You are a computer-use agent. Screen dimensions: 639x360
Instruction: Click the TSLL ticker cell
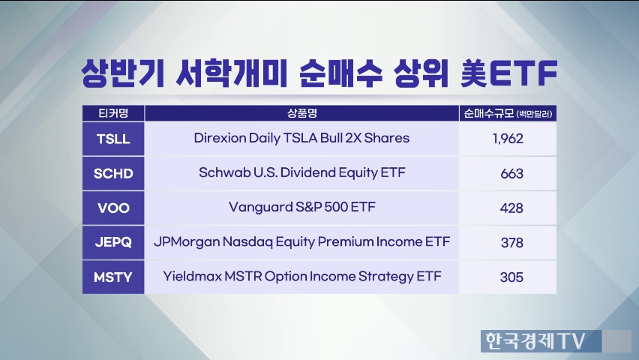click(113, 139)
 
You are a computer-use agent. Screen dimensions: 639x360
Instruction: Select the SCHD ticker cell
click(113, 173)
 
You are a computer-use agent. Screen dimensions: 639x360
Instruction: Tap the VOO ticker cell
click(113, 208)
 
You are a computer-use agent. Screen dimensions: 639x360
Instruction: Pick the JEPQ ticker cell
click(113, 242)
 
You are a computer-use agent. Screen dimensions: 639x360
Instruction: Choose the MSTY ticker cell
click(113, 277)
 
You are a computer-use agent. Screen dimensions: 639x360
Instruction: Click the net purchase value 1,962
click(508, 139)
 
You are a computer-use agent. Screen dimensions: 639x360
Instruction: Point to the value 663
click(511, 174)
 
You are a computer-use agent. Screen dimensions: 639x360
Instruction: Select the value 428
click(511, 208)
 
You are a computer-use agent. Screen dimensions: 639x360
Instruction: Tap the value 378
click(511, 243)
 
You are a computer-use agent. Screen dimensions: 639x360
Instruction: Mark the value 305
click(511, 277)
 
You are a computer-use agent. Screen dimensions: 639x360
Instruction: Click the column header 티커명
click(113, 113)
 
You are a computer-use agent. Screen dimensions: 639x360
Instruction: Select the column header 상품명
click(302, 113)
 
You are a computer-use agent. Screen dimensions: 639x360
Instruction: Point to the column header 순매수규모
click(489, 113)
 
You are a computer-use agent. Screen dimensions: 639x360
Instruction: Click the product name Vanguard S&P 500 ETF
click(302, 207)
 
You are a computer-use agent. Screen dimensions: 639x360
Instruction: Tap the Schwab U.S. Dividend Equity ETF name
click(302, 172)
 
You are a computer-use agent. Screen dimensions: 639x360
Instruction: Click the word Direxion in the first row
click(220, 138)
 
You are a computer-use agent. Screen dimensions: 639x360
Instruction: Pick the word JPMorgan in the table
click(187, 241)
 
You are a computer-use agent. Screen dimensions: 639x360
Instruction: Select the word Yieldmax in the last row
click(192, 277)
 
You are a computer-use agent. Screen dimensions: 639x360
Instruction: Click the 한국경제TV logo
click(535, 340)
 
